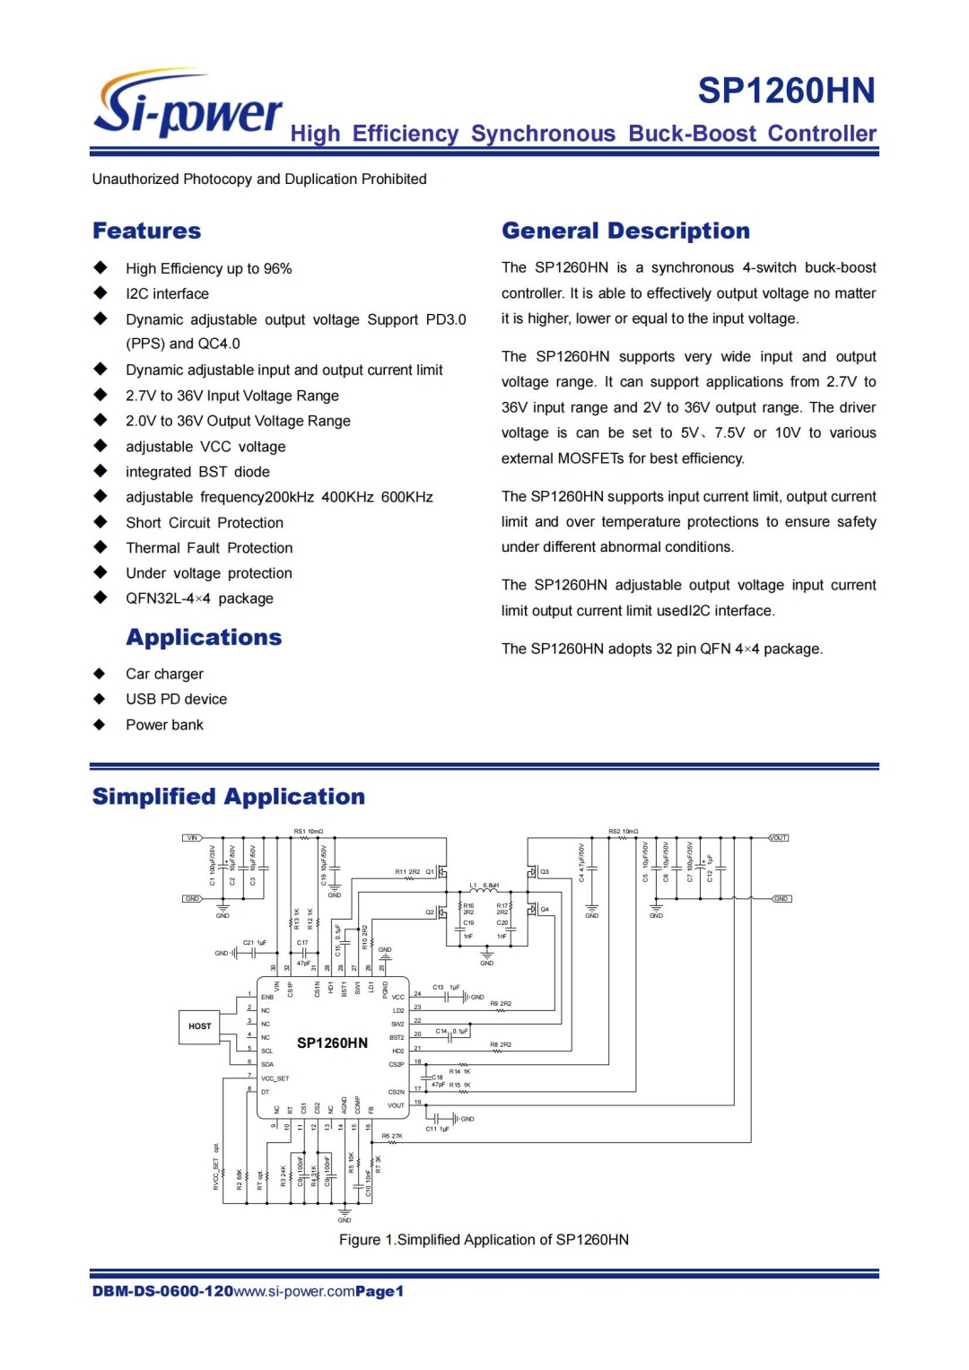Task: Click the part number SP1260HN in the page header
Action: point(786,91)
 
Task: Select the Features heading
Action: point(147,231)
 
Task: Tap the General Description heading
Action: point(625,231)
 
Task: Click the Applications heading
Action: point(204,638)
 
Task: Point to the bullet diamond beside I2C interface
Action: point(100,293)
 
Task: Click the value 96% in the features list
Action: point(277,269)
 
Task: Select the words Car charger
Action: point(164,674)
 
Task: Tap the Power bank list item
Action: point(164,725)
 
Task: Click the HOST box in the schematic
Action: point(200,1025)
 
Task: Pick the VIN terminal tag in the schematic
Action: point(193,838)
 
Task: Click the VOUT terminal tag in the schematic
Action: point(778,838)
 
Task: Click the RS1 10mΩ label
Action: point(309,832)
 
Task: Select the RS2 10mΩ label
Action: point(624,832)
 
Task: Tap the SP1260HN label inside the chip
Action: point(332,1043)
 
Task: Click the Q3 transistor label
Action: point(544,872)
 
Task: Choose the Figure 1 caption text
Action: point(484,1240)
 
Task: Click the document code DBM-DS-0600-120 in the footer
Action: point(162,1292)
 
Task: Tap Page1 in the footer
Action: point(380,1292)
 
